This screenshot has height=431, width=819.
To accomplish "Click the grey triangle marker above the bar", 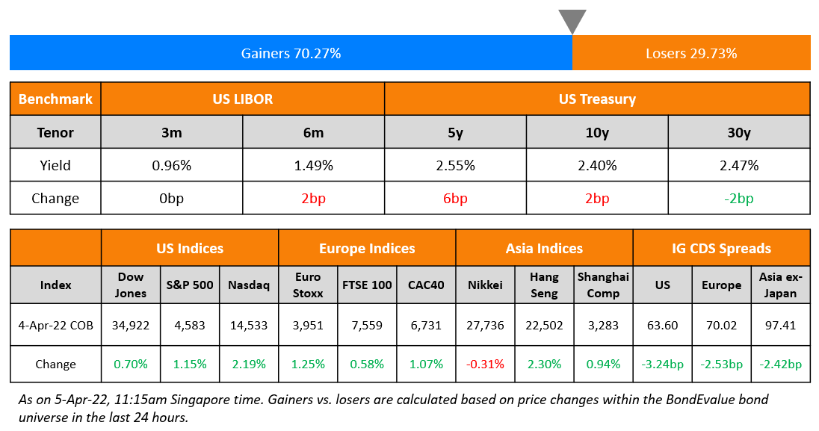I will coord(572,20).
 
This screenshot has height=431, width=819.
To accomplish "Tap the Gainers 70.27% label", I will coord(291,53).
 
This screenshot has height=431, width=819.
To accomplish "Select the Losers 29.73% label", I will coord(691,53).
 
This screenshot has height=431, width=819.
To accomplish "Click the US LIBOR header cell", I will coord(243,99).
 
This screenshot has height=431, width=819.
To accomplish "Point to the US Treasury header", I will coord(597,99).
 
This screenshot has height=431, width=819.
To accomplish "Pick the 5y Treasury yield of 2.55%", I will coord(455,165).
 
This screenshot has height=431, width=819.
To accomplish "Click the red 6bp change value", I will coord(455,199).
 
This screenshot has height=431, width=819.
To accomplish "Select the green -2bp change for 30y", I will coord(738,199).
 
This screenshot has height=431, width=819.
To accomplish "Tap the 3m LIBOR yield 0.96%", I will coord(171,165).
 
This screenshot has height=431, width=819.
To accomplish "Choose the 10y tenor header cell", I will coord(597,133).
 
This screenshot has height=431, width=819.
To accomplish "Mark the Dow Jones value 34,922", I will coord(131,325).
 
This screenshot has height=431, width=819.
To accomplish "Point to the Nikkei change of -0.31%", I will coord(485,365).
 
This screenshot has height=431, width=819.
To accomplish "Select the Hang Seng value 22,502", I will coord(544,325).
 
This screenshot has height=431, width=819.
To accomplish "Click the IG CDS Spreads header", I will coord(722,249).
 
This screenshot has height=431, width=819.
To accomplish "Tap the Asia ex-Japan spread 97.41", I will coord(781,325).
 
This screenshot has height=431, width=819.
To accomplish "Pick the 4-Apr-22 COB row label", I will coord(55,325).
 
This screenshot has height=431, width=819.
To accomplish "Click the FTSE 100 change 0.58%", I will coord(367,365).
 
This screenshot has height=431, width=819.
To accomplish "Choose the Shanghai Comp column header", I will coord(603,285).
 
